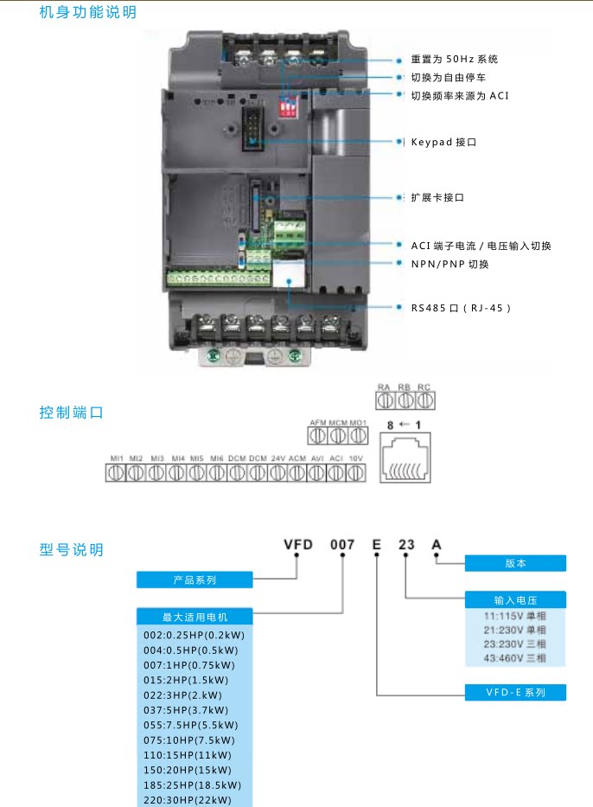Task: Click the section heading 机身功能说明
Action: tap(87, 13)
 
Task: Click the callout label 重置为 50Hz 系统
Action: tap(454, 60)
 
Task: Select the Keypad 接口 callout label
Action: tap(443, 141)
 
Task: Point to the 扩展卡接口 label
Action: tap(437, 197)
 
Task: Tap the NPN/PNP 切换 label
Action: tap(450, 264)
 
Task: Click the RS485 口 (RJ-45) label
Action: tap(455, 307)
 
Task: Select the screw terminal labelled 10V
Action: tap(355, 473)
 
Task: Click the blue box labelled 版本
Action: tap(515, 563)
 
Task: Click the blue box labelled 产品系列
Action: tap(194, 580)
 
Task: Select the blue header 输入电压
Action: tap(515, 599)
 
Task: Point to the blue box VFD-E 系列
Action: tap(515, 692)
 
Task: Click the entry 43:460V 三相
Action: tap(514, 658)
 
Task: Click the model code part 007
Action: tap(342, 545)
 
